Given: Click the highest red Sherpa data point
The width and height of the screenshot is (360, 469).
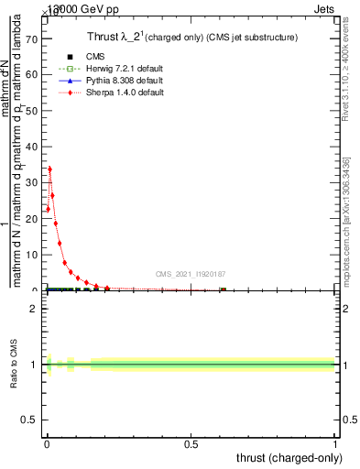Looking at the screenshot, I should coord(49,169).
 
